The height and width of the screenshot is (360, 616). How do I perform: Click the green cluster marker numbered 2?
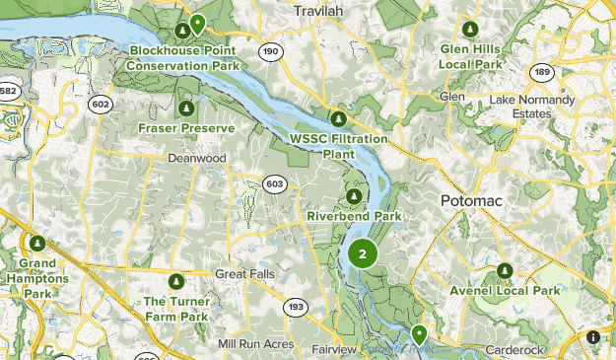coord(363,254)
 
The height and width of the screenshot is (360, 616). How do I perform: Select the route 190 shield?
coord(269,50)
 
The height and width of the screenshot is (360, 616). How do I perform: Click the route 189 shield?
coord(541,72)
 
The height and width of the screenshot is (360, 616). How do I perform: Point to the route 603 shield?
coord(275,183)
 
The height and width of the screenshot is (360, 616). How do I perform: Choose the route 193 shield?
coord(295,308)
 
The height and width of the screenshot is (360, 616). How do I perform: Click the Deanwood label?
coord(197,158)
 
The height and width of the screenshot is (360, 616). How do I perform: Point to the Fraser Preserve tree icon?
coord(186,108)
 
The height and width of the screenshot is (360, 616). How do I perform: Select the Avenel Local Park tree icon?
coord(505,270)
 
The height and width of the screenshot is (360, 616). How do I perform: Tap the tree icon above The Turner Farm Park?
coord(176,281)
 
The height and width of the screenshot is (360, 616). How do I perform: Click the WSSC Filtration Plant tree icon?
coord(338,118)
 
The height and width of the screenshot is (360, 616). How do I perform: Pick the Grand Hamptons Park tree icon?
coord(37,243)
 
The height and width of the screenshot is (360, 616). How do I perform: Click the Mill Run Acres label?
coord(256,343)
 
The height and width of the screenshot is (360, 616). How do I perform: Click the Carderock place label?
coord(513,350)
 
